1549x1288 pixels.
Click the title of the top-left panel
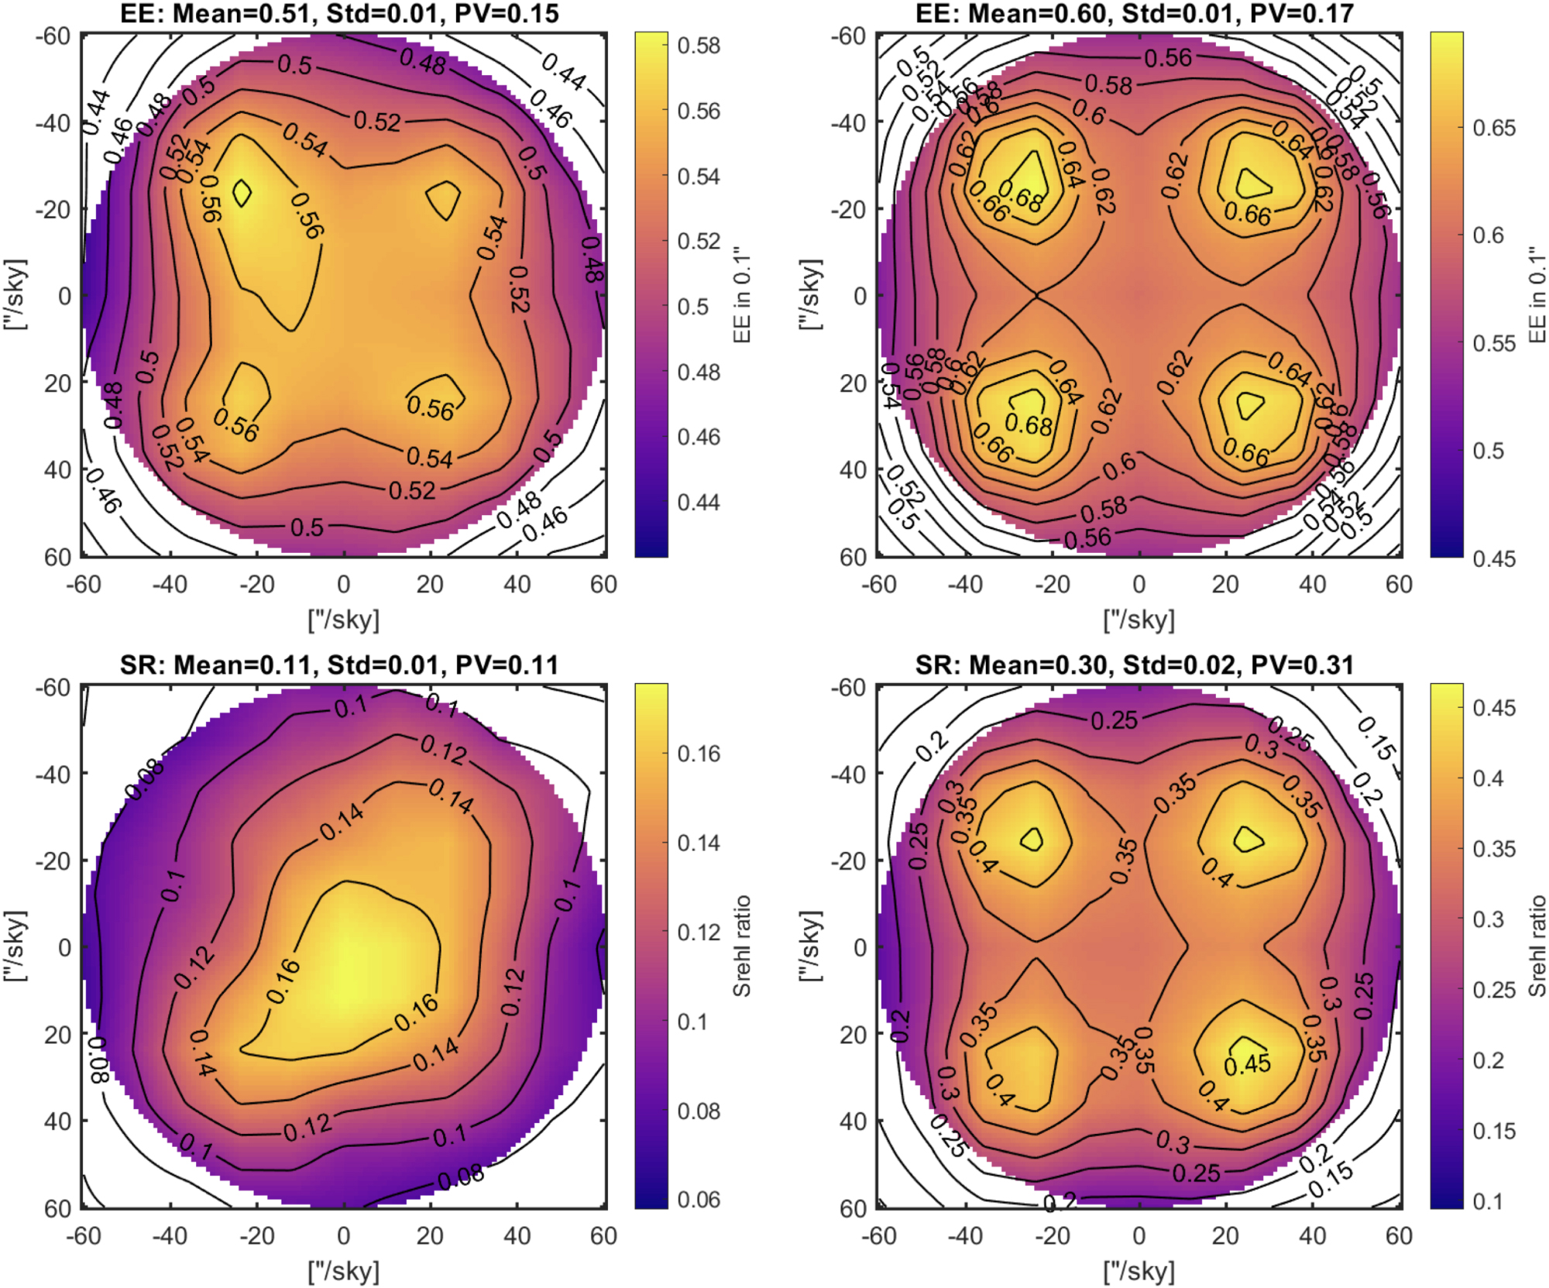tap(339, 13)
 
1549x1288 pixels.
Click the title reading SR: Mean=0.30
tap(1134, 665)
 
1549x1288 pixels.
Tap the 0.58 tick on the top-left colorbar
tap(698, 46)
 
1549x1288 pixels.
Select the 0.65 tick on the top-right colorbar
tap(1493, 128)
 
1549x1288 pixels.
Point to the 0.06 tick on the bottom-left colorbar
tap(698, 1200)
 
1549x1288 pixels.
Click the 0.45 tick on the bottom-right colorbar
tap(1493, 708)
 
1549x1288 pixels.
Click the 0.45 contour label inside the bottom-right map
tap(1247, 1064)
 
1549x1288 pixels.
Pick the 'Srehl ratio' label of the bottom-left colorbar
tap(742, 946)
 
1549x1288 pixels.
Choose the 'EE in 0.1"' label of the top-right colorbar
tap(1537, 296)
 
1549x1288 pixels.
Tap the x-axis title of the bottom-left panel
tap(343, 1271)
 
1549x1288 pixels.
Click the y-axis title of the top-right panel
tap(809, 295)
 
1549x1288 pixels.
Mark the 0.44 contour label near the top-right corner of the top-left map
tap(563, 72)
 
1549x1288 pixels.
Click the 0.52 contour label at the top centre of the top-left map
tap(377, 122)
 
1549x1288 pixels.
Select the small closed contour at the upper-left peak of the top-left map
tap(242, 193)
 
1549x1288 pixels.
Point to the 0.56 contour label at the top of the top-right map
tap(1168, 57)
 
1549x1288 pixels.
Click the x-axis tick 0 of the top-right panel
tap(1139, 584)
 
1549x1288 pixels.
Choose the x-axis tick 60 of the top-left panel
tap(603, 584)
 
